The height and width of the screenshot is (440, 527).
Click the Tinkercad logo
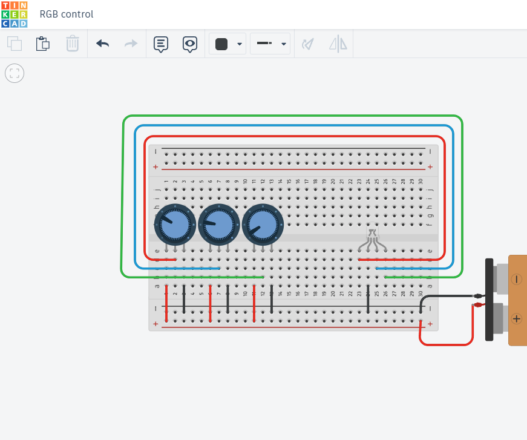14,14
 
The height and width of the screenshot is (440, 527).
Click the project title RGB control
67,14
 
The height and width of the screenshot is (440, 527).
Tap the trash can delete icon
73,44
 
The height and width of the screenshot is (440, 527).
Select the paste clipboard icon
42,44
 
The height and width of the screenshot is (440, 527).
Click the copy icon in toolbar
15,44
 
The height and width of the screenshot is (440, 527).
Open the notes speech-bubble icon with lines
160,44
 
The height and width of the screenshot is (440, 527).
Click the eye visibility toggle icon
190,44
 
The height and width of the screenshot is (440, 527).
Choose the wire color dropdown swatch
227,44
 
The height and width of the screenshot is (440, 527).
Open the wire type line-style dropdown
270,44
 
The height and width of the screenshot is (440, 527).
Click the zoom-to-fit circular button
15,73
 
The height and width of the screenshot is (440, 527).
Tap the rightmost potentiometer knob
263,224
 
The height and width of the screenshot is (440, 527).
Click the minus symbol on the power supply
516,279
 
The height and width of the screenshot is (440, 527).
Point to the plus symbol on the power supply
516,318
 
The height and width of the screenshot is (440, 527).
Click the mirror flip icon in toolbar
338,44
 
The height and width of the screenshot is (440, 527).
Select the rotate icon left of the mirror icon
309,44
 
